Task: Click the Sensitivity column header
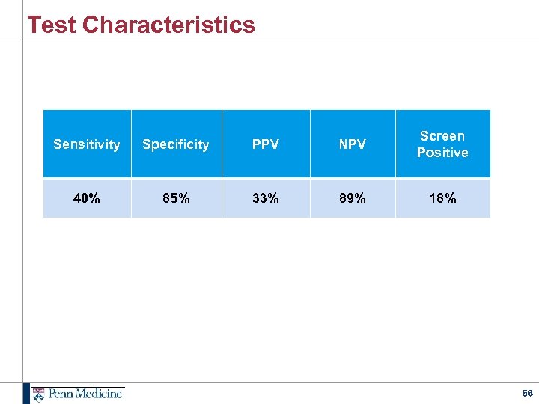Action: [x=87, y=144]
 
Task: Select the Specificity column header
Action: [x=176, y=144]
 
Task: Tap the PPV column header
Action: [x=266, y=144]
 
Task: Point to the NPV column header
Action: [x=353, y=144]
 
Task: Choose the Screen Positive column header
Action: [x=442, y=144]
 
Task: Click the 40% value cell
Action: [x=87, y=198]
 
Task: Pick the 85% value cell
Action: [x=176, y=198]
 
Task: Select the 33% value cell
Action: [x=266, y=198]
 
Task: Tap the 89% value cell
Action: [x=353, y=198]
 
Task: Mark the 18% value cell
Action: [x=442, y=198]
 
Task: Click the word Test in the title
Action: [x=52, y=25]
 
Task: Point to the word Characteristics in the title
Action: [x=168, y=25]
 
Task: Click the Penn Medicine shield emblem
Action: [x=39, y=394]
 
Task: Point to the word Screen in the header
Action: [x=442, y=136]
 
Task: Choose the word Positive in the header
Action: [x=442, y=153]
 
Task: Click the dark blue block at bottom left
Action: [x=26, y=394]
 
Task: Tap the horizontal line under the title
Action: [x=299, y=40]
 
